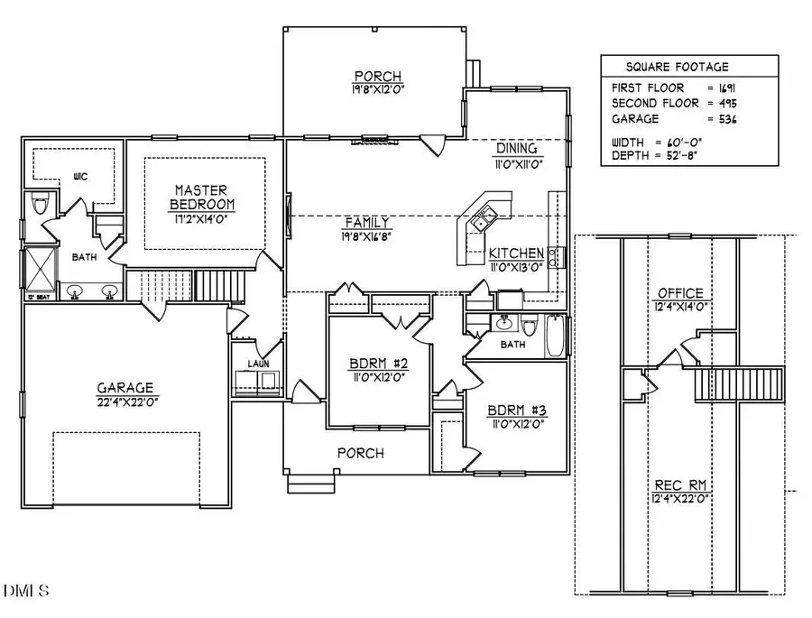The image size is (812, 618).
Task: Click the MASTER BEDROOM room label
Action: coord(203,196)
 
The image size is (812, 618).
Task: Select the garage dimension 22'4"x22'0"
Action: coord(125,401)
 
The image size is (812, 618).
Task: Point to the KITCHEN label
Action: coord(516,254)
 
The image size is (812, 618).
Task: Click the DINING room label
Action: coord(517,148)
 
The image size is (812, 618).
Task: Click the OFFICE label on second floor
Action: coord(679,293)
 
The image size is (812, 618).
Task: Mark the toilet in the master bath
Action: coord(38,205)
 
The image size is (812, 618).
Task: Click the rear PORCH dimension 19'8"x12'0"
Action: coord(378,90)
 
